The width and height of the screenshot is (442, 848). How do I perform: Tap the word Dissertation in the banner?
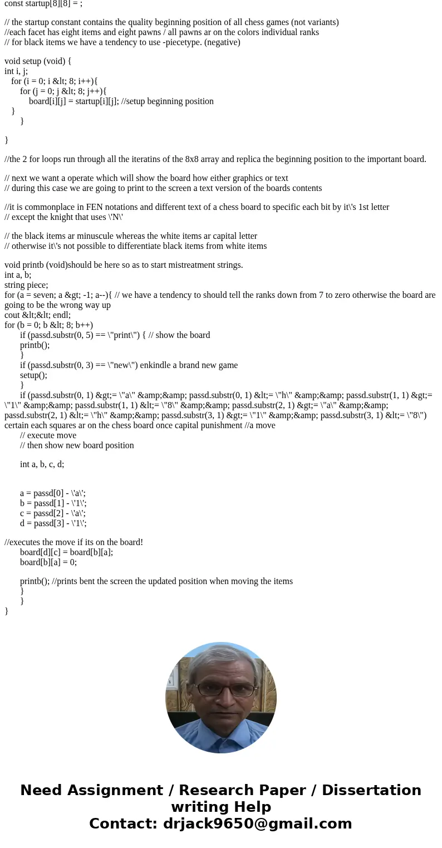point(371,791)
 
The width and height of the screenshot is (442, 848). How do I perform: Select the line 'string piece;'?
point(26,285)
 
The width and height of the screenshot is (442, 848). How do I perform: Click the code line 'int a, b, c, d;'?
point(42,464)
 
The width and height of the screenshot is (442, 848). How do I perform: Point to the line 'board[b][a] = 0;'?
point(48,562)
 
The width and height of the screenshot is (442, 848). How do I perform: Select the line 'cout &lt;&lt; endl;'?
point(37,315)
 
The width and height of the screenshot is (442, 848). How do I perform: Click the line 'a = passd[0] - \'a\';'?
point(53,493)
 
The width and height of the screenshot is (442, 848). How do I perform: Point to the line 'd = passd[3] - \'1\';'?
point(53,523)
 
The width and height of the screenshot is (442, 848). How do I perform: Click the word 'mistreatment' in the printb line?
point(185,265)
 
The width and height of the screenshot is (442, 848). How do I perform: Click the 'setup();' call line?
point(34,375)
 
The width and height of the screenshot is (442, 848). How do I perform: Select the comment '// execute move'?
point(48,435)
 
